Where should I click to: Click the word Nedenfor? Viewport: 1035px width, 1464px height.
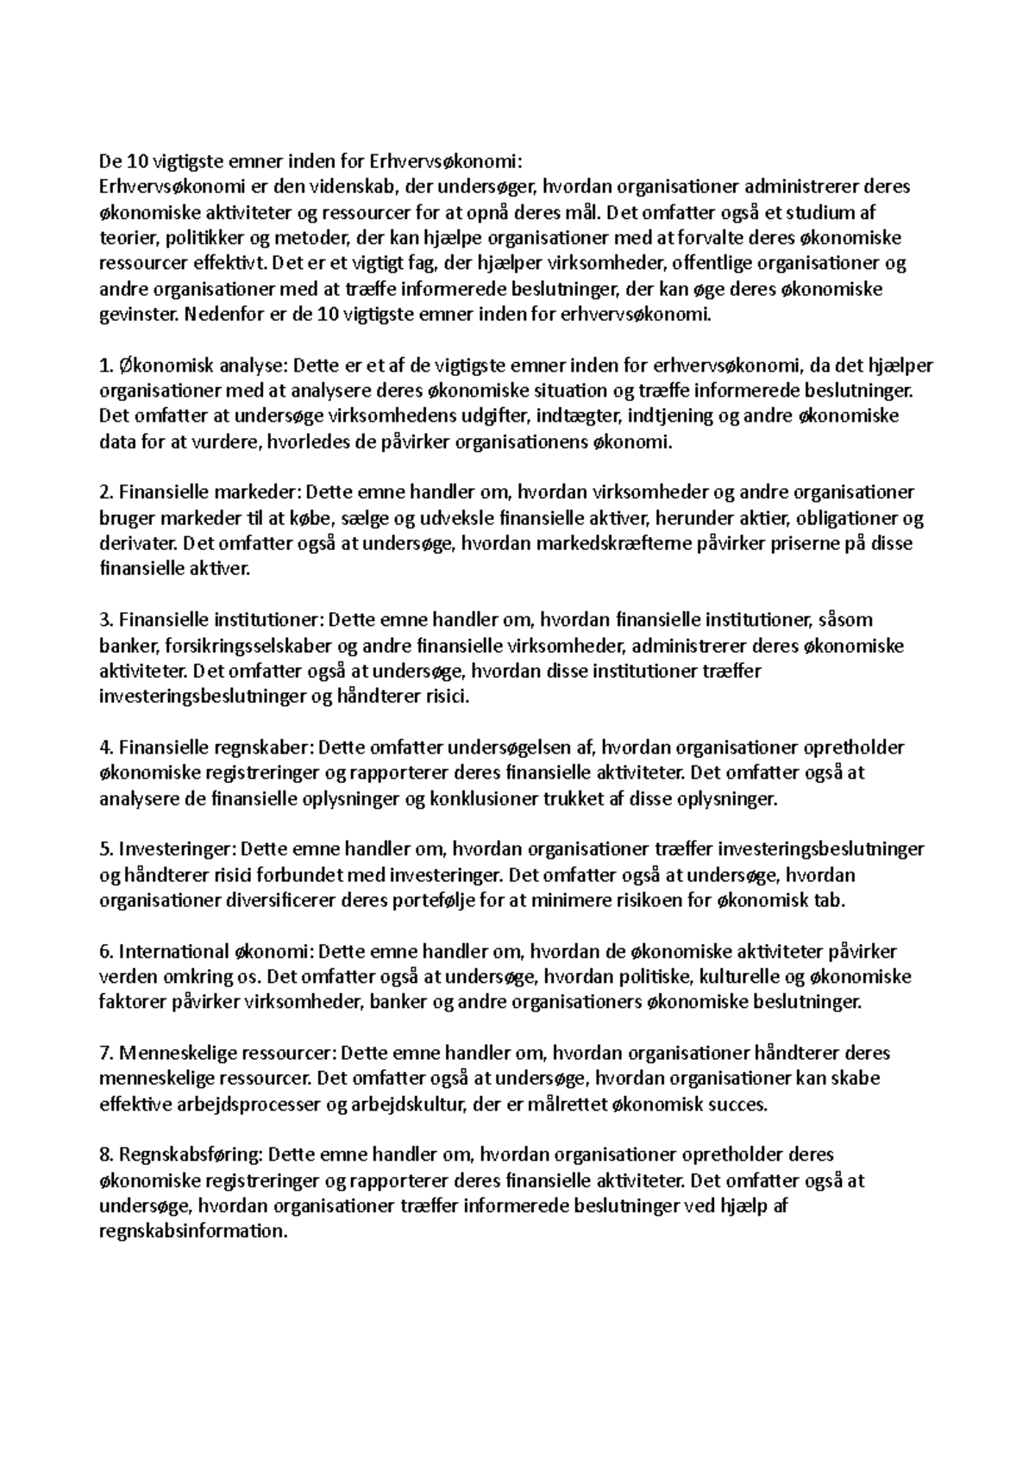coord(220,315)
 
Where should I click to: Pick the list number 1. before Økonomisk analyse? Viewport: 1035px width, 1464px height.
coord(106,366)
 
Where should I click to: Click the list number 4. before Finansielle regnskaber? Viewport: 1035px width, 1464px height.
coord(107,748)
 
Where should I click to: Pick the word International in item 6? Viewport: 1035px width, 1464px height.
coord(172,952)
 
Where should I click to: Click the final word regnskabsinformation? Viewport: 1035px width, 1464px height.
coord(192,1232)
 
